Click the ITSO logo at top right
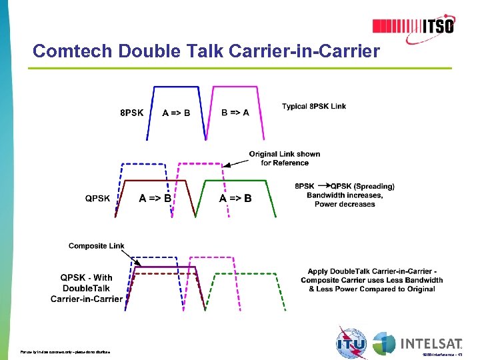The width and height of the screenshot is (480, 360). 413,26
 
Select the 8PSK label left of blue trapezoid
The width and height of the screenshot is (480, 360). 131,113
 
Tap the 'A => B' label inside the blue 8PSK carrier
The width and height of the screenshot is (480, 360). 176,113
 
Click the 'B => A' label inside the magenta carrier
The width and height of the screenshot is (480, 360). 235,113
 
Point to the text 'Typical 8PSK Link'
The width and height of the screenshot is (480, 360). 314,106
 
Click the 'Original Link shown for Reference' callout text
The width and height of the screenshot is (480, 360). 285,158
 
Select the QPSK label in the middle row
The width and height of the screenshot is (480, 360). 97,198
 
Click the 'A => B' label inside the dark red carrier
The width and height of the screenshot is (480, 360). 155,198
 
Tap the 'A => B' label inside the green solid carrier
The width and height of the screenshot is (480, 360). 235,198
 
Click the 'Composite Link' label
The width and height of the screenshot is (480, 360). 96,246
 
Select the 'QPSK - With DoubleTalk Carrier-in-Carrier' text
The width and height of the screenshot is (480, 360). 87,288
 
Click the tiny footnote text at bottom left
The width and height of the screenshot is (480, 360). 65,351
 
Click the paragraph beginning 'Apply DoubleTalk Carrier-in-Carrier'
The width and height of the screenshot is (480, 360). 371,280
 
